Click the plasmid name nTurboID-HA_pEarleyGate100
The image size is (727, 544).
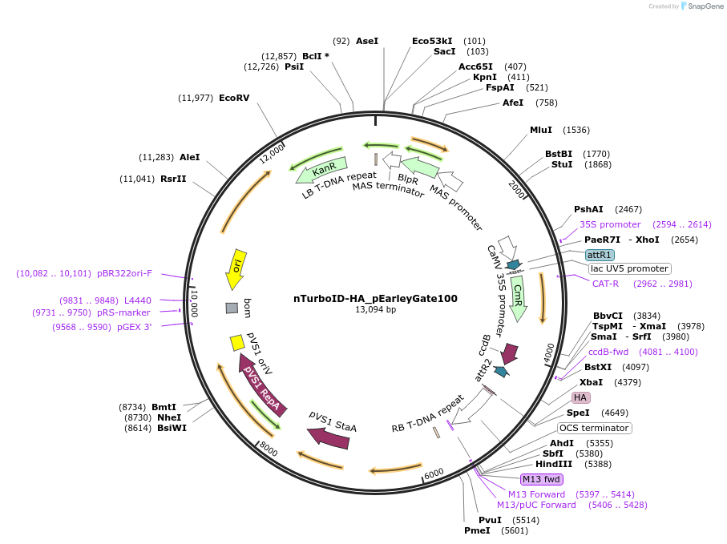[375, 298]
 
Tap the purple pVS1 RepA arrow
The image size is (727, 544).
[261, 384]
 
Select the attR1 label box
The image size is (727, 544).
[600, 254]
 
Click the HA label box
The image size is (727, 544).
[580, 397]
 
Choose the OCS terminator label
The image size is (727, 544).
[595, 428]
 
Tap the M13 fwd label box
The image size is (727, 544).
[541, 479]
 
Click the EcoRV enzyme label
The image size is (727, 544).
[234, 98]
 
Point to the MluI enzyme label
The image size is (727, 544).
[541, 130]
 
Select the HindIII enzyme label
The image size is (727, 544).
[554, 464]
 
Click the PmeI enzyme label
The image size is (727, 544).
[477, 530]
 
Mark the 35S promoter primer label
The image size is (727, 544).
[610, 224]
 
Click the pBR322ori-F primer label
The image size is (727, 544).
[124, 273]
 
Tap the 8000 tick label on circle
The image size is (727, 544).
[269, 451]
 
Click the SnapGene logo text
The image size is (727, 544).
[701, 6]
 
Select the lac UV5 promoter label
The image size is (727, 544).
[629, 268]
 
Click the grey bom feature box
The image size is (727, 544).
[232, 308]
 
